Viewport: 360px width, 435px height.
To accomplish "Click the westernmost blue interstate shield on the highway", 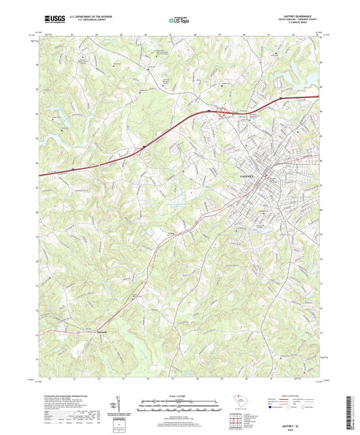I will point(73,161).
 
